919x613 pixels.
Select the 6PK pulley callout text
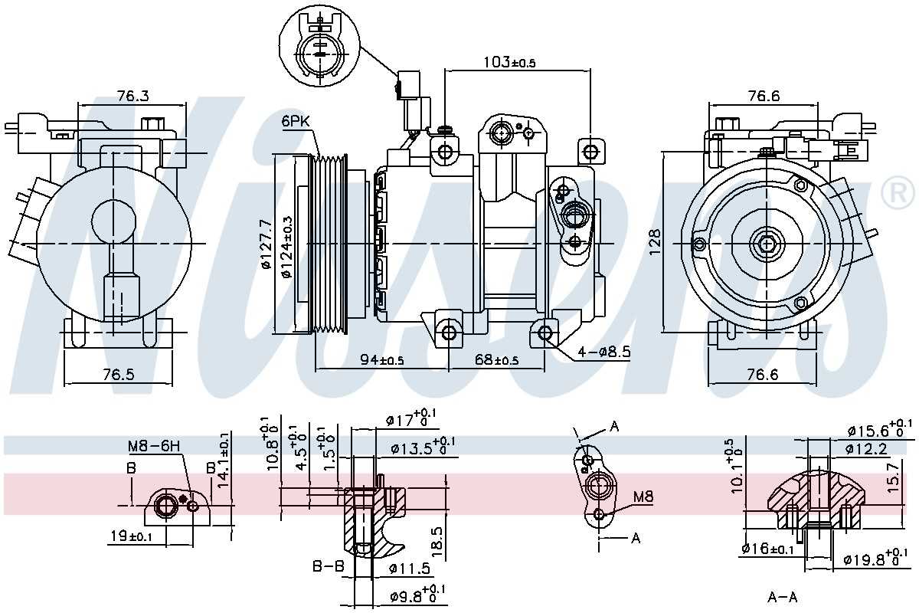click(296, 121)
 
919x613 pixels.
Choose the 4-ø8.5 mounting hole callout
click(605, 352)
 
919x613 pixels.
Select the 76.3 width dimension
click(132, 96)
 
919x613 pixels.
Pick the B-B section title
click(327, 568)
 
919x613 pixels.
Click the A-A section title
click(783, 597)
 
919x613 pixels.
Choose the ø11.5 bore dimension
click(410, 569)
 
